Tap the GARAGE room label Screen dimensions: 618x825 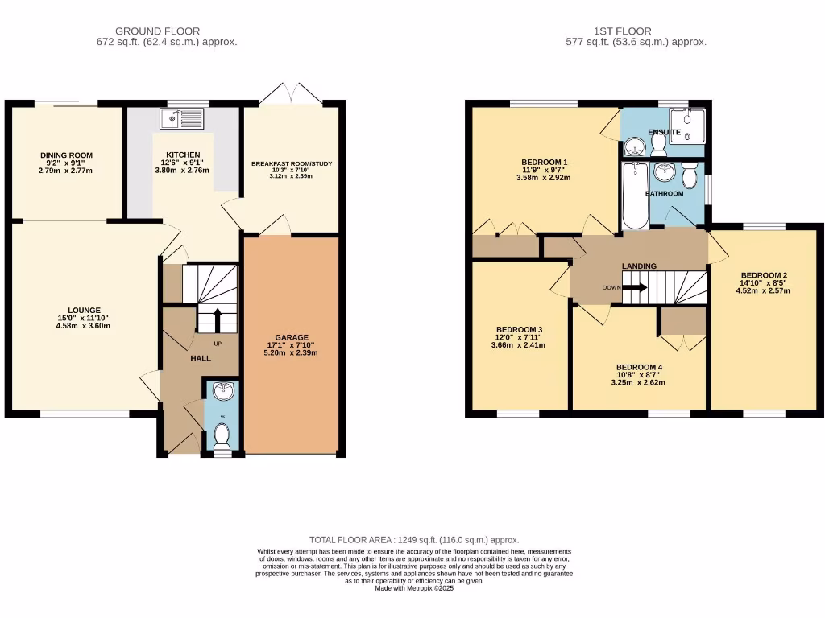point(291,337)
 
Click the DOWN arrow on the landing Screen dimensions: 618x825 point(634,287)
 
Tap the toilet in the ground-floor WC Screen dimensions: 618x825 point(222,436)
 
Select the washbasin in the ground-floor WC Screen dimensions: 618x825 point(222,392)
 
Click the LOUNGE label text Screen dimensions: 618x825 point(84,310)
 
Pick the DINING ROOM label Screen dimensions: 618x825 point(67,155)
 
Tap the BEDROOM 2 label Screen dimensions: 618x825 point(763,275)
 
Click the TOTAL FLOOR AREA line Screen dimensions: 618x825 point(414,539)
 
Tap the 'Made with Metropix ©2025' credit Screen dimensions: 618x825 point(414,588)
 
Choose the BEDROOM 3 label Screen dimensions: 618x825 point(519,330)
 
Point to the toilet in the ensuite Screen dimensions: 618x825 point(658,142)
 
